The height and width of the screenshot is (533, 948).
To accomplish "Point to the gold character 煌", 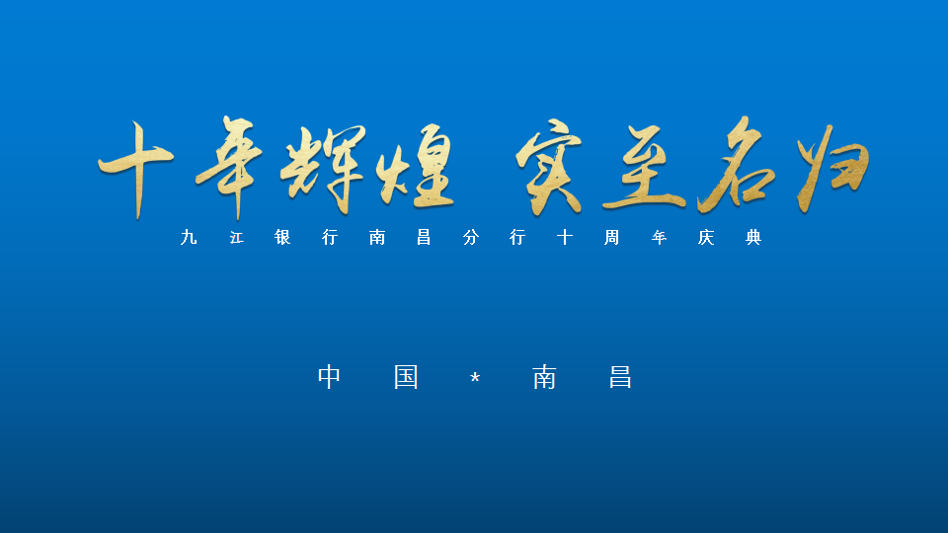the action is [416, 166].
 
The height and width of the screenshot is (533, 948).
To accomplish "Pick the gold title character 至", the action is [644, 168].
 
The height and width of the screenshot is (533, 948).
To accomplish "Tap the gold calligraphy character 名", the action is [737, 165].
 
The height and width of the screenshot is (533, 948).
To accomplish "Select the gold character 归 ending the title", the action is [833, 168].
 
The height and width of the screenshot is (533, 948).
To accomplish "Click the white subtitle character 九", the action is [189, 238].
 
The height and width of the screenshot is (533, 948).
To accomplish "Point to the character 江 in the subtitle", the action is [236, 238].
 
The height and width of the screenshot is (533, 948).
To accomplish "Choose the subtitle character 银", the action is [283, 238].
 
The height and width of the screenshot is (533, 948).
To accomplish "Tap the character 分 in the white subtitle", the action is [471, 238].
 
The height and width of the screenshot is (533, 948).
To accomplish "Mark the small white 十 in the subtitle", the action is [565, 238].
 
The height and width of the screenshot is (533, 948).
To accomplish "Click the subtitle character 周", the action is [612, 238].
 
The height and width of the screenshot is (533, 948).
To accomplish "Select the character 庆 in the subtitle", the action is [706, 238].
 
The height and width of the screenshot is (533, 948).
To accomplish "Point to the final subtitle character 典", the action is [753, 238].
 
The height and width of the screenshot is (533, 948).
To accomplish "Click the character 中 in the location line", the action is [330, 377].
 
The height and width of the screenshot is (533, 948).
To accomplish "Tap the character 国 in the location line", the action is [406, 377].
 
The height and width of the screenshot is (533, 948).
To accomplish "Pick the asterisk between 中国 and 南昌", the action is [475, 378].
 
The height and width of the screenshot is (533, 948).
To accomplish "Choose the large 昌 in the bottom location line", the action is [620, 377].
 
